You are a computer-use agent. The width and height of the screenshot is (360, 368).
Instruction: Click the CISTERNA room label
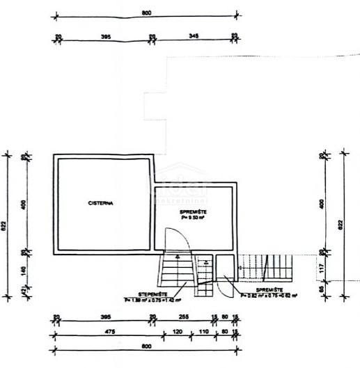[x=101, y=203]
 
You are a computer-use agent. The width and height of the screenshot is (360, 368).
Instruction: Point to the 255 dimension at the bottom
[x=182, y=318]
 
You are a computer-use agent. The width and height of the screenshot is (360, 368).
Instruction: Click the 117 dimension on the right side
[x=322, y=266]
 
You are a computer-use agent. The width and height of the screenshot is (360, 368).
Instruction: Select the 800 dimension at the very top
[x=145, y=13]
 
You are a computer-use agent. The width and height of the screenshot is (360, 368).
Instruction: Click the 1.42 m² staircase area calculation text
[x=153, y=301]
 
